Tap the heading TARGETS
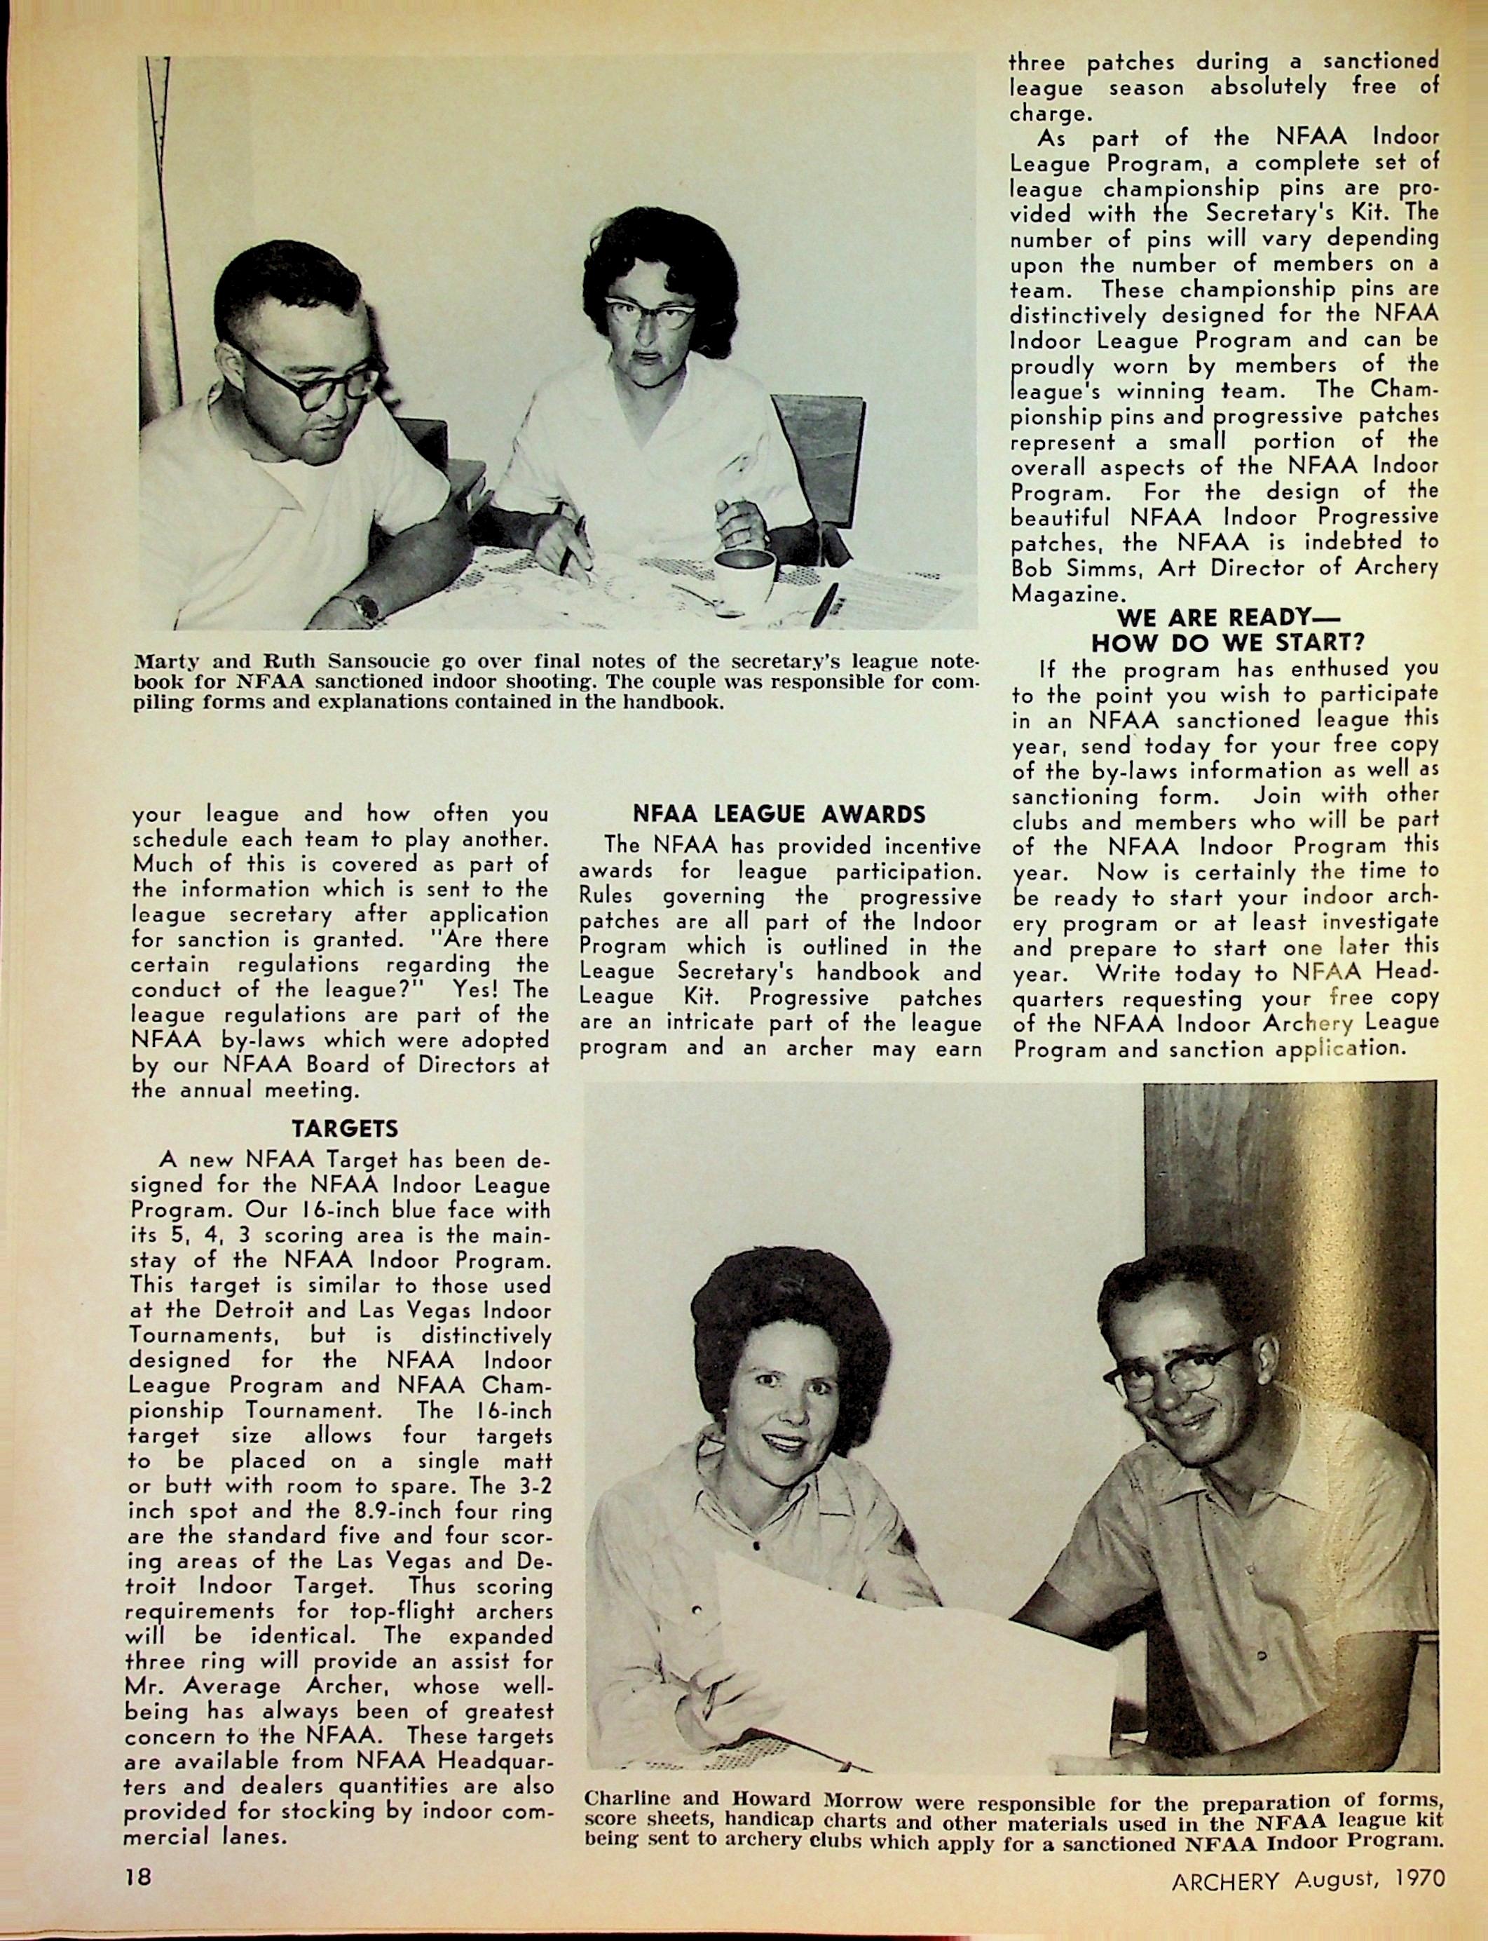pos(346,1129)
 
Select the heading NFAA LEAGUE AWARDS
pos(779,813)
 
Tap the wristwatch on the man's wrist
pos(363,608)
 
